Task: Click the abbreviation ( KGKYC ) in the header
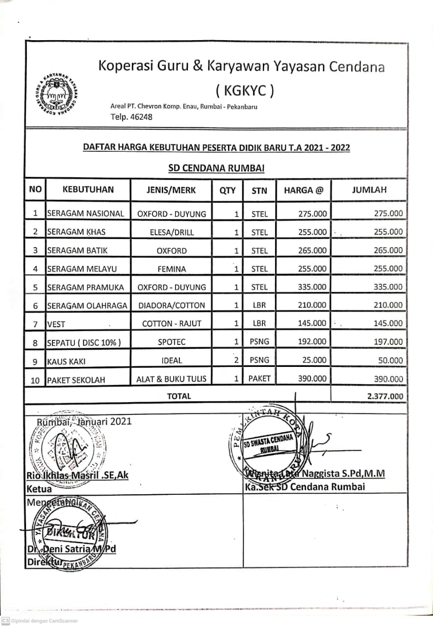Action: point(245,90)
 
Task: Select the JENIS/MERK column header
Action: point(171,190)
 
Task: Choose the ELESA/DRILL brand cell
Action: point(172,232)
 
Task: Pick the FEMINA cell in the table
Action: point(172,269)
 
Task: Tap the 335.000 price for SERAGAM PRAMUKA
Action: point(312,287)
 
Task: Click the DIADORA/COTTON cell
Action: point(172,305)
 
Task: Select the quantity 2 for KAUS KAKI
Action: point(236,360)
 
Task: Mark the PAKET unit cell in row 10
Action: point(259,379)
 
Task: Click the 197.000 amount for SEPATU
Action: point(388,342)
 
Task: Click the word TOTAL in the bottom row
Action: point(179,396)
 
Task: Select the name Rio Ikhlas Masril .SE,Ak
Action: point(78,475)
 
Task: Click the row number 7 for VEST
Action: point(35,324)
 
